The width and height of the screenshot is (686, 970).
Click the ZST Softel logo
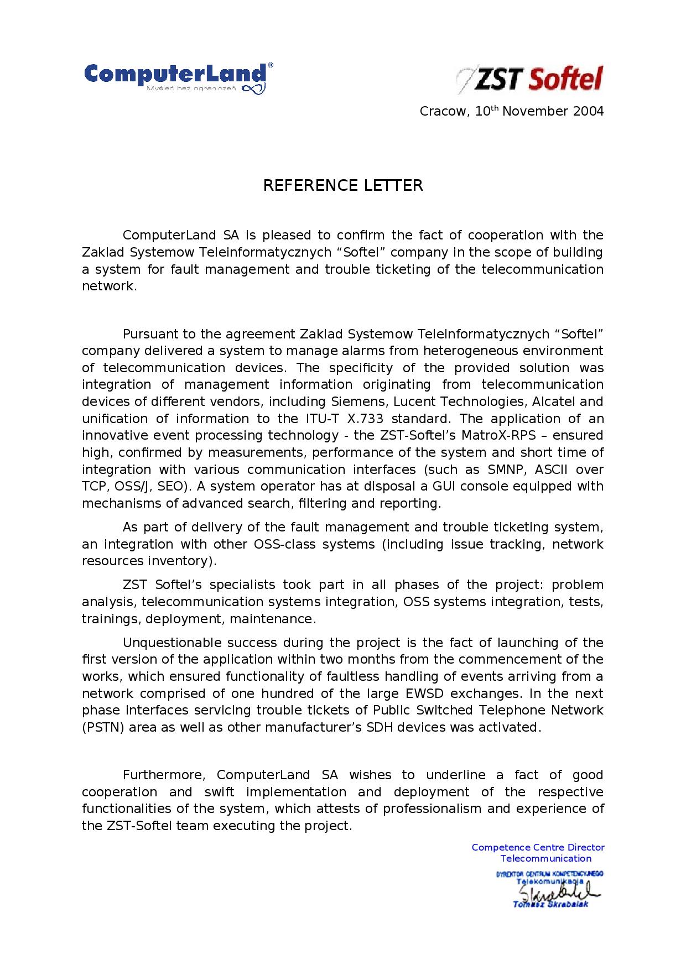pyautogui.click(x=529, y=79)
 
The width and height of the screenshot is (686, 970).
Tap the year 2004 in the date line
pyautogui.click(x=588, y=111)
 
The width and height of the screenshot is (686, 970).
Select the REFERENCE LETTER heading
pyautogui.click(x=342, y=185)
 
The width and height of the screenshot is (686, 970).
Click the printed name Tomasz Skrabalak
pyautogui.click(x=550, y=904)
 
